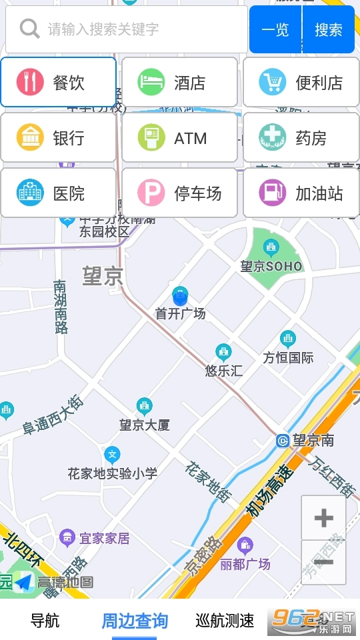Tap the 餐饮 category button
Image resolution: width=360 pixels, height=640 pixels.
pyautogui.click(x=59, y=83)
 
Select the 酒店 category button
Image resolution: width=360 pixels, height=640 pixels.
pyautogui.click(x=179, y=83)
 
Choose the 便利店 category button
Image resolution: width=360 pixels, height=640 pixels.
pyautogui.click(x=301, y=83)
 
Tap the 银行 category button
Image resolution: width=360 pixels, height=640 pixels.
pyautogui.click(x=59, y=138)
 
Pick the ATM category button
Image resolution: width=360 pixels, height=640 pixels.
pyautogui.click(x=179, y=138)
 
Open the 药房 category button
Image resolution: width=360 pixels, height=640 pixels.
pyautogui.click(x=301, y=138)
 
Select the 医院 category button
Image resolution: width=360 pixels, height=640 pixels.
pyautogui.click(x=59, y=193)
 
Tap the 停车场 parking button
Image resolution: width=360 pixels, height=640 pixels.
pyautogui.click(x=179, y=193)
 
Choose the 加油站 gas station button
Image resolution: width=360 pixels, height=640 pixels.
pyautogui.click(x=301, y=193)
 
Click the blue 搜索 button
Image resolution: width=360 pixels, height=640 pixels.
pyautogui.click(x=329, y=29)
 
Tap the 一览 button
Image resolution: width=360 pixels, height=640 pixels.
pyautogui.click(x=275, y=29)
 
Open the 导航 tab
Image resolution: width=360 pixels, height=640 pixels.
pyautogui.click(x=45, y=621)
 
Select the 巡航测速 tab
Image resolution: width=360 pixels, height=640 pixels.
pyautogui.click(x=225, y=621)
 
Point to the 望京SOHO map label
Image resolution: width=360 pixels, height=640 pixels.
pyautogui.click(x=271, y=266)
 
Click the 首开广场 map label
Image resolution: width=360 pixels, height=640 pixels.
pyautogui.click(x=180, y=313)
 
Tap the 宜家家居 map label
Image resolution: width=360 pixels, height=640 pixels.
pyautogui.click(x=104, y=538)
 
